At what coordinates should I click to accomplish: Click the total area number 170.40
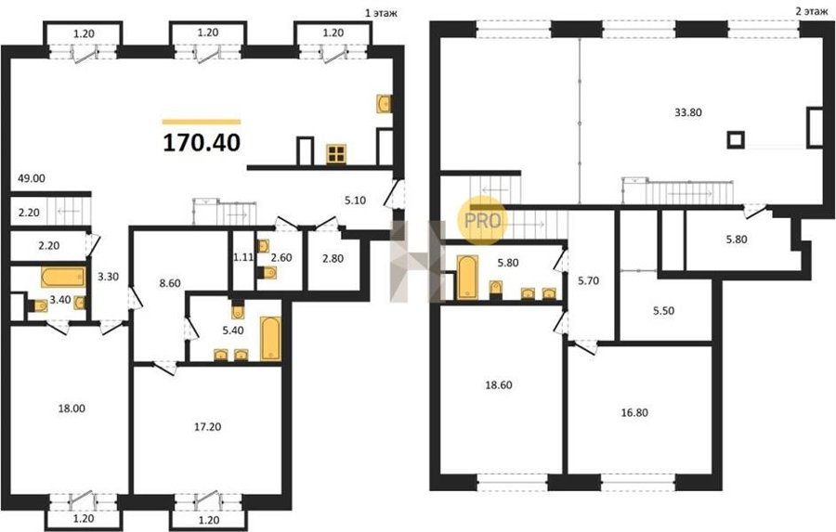202,143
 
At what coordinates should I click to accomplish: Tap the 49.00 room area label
32,178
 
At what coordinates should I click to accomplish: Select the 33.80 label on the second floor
687,112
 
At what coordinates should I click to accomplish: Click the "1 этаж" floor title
381,13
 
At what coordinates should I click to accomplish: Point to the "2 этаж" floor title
812,12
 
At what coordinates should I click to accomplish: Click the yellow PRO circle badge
482,220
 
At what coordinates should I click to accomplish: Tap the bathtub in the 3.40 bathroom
63,278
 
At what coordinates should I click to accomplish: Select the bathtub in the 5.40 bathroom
270,339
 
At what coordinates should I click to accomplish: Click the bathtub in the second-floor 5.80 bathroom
467,277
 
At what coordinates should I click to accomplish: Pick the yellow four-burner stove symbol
336,154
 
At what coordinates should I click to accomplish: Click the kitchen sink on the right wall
384,103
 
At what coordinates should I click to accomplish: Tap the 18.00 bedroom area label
72,409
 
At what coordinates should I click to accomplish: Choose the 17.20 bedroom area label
207,427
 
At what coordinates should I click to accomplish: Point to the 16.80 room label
634,412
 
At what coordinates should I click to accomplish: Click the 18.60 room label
499,385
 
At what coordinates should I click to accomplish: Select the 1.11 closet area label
242,258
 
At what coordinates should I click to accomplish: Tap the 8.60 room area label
170,283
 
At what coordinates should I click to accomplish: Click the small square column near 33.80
736,139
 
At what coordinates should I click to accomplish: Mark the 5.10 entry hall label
355,201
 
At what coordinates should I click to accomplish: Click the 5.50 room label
663,311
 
